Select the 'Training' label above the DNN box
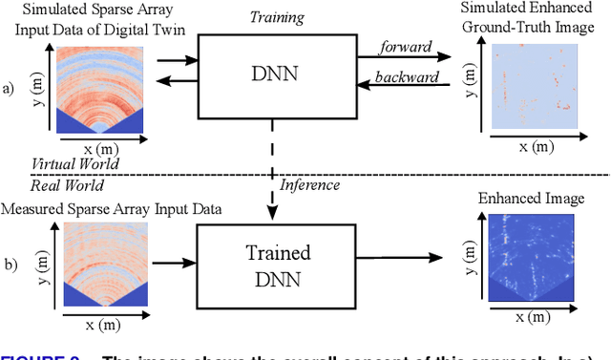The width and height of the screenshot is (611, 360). [x=277, y=16]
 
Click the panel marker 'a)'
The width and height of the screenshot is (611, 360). [x=10, y=89]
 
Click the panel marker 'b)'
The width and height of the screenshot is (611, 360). [x=10, y=260]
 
